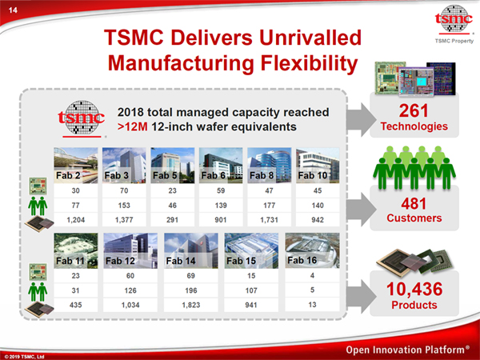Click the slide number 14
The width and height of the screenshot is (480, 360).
point(13,10)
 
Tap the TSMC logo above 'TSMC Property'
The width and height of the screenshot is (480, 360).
point(454,19)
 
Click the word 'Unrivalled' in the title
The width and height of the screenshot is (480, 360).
point(310,38)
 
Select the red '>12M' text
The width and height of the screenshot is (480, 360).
point(133,126)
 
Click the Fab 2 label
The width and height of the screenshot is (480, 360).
point(68,175)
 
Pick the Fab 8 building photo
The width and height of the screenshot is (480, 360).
point(269,166)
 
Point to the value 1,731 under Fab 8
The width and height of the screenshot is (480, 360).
point(269,220)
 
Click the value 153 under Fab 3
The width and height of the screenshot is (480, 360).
point(124,205)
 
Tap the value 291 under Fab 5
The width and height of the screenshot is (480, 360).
point(172,220)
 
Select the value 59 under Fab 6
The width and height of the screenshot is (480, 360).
point(221,190)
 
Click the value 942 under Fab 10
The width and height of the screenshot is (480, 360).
point(318,220)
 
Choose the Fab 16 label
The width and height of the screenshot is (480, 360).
point(302,260)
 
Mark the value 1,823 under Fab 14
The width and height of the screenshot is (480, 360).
point(191,305)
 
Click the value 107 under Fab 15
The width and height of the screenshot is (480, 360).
point(251,290)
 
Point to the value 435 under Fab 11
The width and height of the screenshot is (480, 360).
point(76,305)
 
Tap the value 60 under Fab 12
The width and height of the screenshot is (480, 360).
point(130,275)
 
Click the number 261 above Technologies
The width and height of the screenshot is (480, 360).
point(414,111)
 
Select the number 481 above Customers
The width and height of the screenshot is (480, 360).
point(414,203)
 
